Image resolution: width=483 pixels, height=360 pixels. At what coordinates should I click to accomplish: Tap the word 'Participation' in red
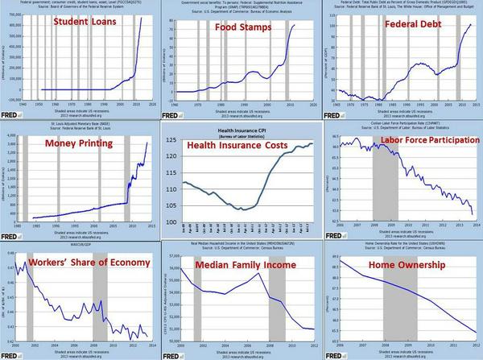point(441,143)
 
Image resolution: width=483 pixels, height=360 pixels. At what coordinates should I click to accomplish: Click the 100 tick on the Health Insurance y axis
point(170,222)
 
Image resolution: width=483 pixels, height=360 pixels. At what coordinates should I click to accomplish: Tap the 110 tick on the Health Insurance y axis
point(170,189)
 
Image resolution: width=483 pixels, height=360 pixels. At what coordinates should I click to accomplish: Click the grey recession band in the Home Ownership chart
point(395,306)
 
